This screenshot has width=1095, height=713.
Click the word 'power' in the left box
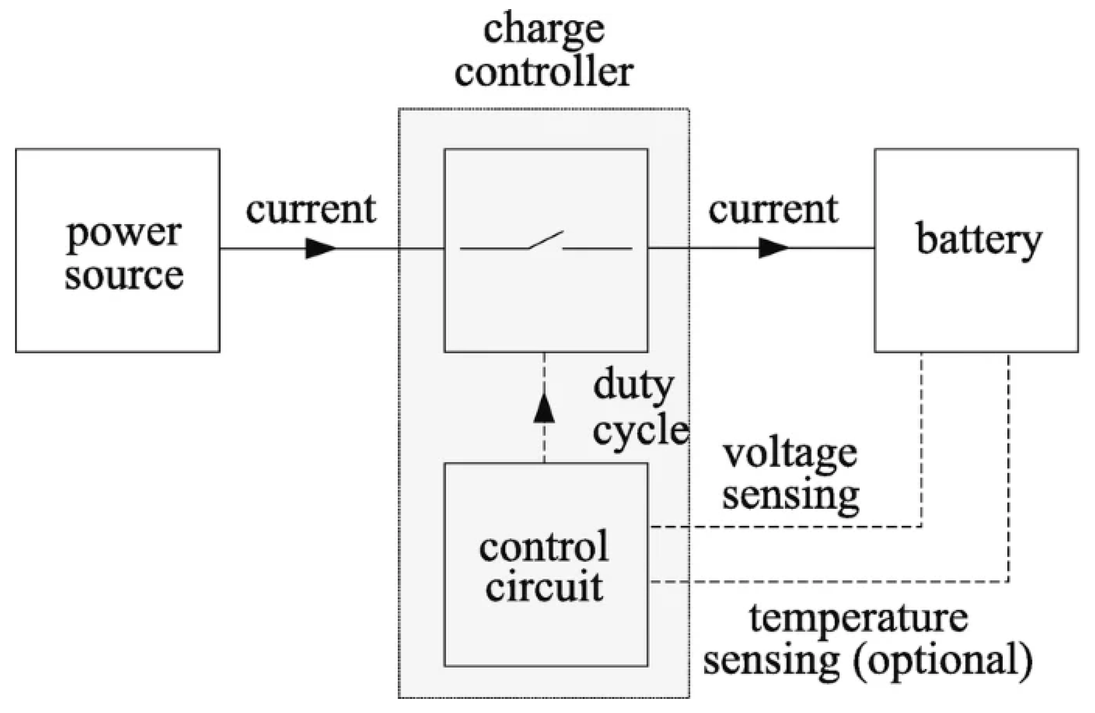click(124, 235)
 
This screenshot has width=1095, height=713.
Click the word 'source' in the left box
click(124, 276)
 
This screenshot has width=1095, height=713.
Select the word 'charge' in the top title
click(544, 30)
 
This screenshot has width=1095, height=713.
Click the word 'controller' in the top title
click(544, 73)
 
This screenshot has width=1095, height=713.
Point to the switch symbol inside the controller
click(546, 242)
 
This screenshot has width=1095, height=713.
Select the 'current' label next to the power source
click(311, 210)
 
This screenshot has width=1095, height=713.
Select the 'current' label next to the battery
click(773, 210)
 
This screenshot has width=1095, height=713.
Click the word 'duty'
click(633, 386)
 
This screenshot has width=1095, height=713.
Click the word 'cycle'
click(640, 431)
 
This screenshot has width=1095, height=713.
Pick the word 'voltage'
click(790, 454)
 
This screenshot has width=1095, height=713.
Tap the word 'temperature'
click(859, 618)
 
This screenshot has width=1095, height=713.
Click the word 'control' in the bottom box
click(544, 547)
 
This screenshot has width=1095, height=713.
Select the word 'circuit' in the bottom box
click(544, 588)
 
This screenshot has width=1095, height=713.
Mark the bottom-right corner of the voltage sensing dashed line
click(921, 527)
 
